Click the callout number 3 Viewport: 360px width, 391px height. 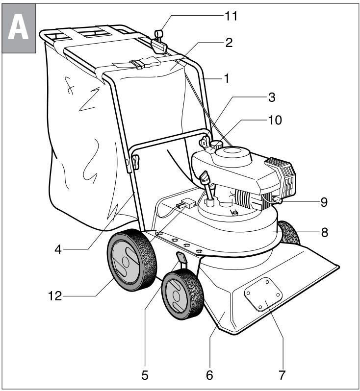[271, 98]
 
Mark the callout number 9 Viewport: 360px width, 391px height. [324, 202]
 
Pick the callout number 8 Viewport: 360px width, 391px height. [324, 234]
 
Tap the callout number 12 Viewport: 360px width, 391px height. [54, 296]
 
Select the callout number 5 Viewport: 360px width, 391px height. [145, 376]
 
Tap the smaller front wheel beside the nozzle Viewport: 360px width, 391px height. [181, 298]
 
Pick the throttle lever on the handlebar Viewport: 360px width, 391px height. [159, 39]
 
